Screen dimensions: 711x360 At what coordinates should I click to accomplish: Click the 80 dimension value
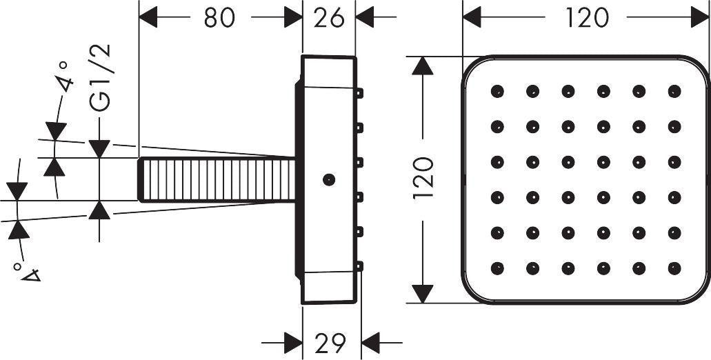[x=219, y=18]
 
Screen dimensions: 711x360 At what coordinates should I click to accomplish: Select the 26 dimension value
[x=329, y=18]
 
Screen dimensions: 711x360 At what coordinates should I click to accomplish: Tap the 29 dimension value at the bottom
[x=330, y=343]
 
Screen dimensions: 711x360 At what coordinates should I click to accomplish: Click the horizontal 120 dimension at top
[x=586, y=18]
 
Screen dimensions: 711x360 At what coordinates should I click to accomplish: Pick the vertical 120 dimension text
[x=423, y=177]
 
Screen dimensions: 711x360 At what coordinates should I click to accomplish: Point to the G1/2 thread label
[x=100, y=77]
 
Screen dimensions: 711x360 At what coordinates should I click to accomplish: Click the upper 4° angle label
[x=64, y=77]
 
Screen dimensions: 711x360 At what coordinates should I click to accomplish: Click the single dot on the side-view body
[x=329, y=179]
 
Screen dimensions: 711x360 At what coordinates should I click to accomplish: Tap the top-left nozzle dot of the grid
[x=497, y=91]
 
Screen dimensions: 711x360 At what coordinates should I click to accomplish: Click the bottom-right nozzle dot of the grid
[x=674, y=268]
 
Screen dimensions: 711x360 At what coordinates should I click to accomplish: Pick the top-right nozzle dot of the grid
[x=674, y=91]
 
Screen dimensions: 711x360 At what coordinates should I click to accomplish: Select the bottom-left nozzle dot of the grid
[x=497, y=268]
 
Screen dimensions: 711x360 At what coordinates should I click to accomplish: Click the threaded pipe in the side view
[x=217, y=179]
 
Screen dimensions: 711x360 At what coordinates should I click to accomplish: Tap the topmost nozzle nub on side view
[x=359, y=93]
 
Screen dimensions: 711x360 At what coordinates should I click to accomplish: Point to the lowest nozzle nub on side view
[x=359, y=267]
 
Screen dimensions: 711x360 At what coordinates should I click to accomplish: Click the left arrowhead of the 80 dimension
[x=148, y=17]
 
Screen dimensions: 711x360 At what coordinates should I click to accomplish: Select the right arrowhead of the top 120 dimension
[x=700, y=17]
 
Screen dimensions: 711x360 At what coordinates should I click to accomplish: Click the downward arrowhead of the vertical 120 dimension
[x=422, y=294]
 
